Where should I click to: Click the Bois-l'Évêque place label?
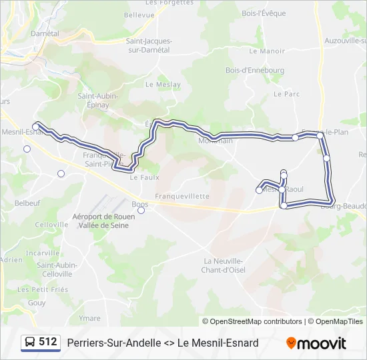pos(264,13)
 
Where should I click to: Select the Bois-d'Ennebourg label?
pos(255,70)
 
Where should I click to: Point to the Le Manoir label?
pos(272,51)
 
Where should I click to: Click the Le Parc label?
pos(287,94)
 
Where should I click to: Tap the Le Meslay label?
pos(158,85)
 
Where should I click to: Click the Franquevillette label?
pos(182,196)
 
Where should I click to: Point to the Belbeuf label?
pos(27,202)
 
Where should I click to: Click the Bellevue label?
pos(139,14)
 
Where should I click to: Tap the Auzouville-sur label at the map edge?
pos(345,41)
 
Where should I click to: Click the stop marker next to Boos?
pos(141,211)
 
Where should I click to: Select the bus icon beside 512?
pos(30,342)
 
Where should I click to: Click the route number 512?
pos(48,341)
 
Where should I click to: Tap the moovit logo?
pos(316,343)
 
